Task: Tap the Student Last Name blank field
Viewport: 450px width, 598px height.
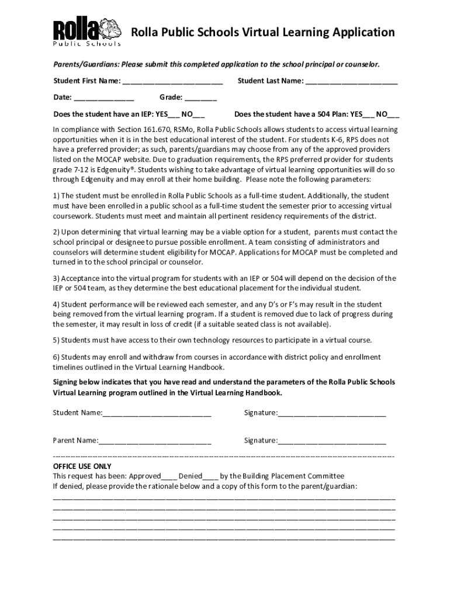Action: (x=351, y=81)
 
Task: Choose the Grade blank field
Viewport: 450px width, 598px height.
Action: (x=202, y=98)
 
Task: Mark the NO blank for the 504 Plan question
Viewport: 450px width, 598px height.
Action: (x=394, y=114)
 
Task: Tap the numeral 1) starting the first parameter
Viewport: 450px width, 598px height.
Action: (x=56, y=196)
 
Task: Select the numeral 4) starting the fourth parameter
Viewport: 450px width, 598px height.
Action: (x=56, y=304)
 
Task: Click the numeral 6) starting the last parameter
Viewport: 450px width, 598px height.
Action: (x=56, y=357)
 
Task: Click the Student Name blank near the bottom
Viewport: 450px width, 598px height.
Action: (x=157, y=413)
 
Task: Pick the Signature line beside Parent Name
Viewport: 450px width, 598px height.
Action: (x=332, y=441)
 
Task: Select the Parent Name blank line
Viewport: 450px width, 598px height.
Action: (x=154, y=441)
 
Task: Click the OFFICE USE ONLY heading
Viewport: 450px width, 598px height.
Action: (x=82, y=466)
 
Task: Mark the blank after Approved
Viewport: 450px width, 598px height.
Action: (x=169, y=477)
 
